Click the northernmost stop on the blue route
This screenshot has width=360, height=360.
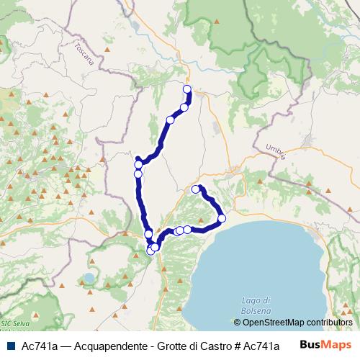click(x=187, y=89)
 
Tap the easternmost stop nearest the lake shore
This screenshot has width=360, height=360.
click(x=222, y=218)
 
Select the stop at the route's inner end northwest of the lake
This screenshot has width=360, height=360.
click(x=196, y=189)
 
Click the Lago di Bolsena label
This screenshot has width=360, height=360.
click(x=256, y=305)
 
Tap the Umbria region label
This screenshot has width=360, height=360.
click(x=276, y=151)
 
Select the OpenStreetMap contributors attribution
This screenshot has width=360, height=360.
click(x=293, y=323)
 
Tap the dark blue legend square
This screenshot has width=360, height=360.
click(x=10, y=346)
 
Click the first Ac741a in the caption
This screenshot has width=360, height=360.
click(x=39, y=346)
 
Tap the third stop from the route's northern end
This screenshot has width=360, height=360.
click(x=171, y=120)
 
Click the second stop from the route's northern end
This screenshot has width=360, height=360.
click(x=184, y=107)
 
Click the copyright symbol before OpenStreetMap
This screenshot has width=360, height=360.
click(x=238, y=323)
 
